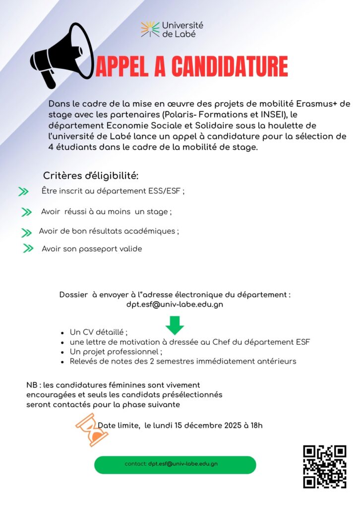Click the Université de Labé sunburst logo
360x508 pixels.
[150, 29]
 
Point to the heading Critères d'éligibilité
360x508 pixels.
[91, 176]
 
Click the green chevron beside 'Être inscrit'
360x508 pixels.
[23, 191]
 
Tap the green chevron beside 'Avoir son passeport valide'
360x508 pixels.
[28, 249]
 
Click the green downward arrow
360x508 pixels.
[175, 325]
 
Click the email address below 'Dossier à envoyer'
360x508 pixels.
[175, 305]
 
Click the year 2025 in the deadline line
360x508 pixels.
[233, 425]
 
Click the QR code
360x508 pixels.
[324, 466]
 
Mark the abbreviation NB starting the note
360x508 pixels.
[32, 385]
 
